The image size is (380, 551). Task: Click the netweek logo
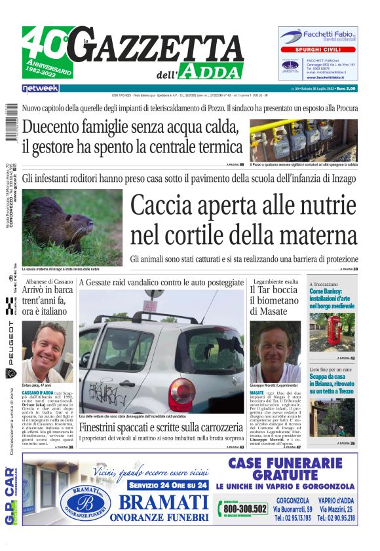coord(40,88)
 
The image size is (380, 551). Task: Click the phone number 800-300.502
coord(245,508)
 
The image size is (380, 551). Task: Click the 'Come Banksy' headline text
coord(332,297)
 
